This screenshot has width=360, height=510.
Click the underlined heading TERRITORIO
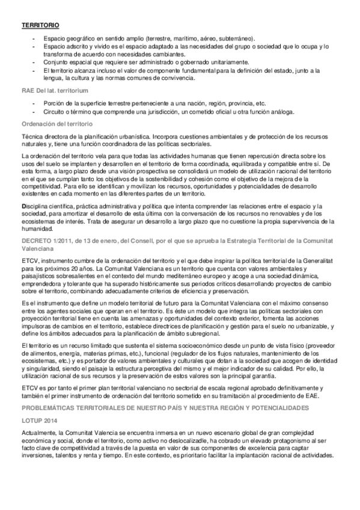click(40, 26)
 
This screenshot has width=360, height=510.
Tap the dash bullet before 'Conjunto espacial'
click(34, 62)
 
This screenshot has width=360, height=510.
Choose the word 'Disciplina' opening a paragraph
click(36, 206)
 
